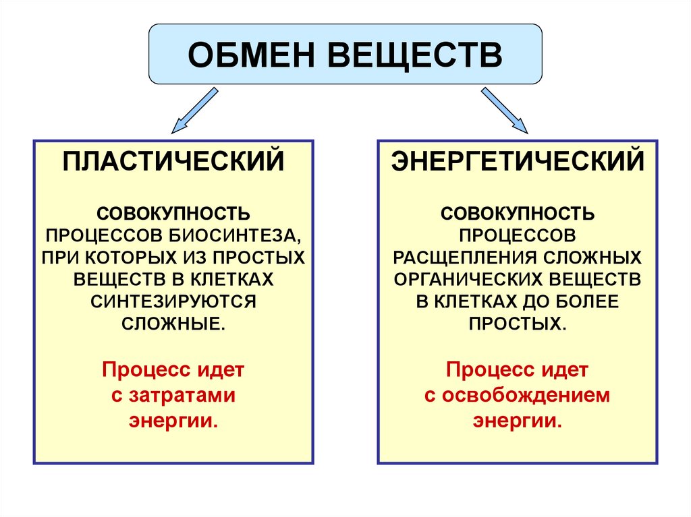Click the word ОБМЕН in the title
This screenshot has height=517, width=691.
point(251,55)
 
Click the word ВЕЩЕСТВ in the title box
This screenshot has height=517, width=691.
point(415,55)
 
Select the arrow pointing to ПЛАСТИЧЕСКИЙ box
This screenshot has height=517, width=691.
point(194,110)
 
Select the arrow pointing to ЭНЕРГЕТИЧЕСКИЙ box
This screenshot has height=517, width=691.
point(504,110)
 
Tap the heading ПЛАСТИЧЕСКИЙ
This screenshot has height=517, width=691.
point(173,162)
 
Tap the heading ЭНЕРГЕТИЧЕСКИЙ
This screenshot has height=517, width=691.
point(518,162)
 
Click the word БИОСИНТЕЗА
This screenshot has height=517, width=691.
point(235,236)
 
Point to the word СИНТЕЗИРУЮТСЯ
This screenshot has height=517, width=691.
point(173,302)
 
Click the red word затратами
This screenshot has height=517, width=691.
point(182,396)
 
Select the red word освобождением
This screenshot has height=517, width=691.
point(526,396)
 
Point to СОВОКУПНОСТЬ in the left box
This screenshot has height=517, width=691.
point(173,214)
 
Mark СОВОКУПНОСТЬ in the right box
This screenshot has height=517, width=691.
point(518,214)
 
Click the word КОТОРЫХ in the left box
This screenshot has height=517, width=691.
point(132,258)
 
